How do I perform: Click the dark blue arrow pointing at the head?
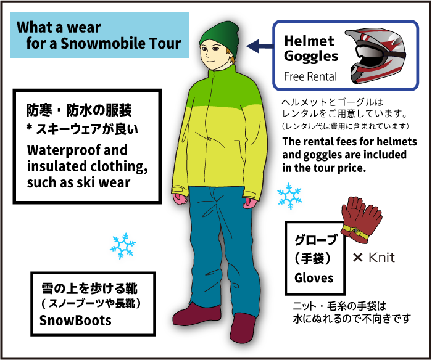260,46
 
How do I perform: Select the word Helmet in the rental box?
309,41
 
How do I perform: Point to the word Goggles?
311,57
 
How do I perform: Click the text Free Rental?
310,76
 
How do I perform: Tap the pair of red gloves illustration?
361,219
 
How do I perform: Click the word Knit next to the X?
381,258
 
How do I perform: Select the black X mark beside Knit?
357,258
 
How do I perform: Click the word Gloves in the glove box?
314,278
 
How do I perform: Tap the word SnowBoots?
75,321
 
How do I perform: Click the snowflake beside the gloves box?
289,196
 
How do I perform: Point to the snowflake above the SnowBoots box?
123,246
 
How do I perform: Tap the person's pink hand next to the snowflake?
250,203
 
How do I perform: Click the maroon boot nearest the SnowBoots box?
197,315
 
